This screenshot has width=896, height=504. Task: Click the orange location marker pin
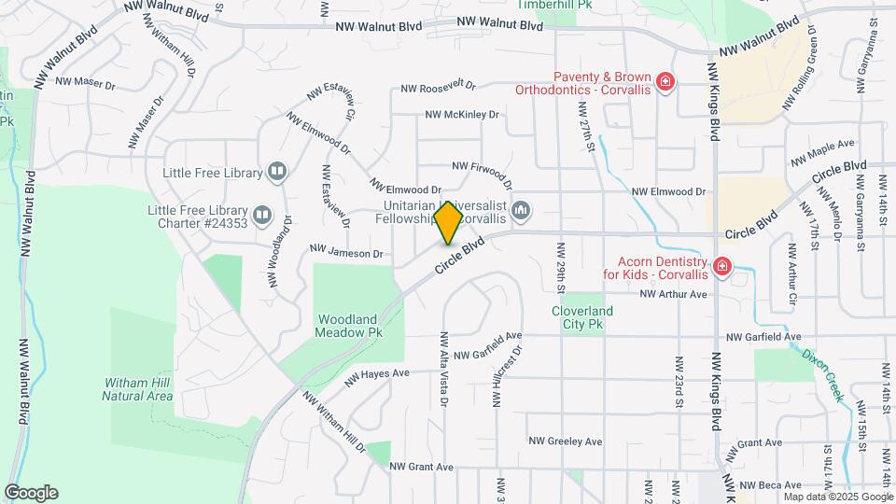click(449, 222)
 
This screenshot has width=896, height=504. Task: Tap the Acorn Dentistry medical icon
click(721, 268)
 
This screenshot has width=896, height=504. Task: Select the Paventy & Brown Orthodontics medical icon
click(665, 83)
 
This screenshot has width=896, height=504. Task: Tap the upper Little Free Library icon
click(276, 171)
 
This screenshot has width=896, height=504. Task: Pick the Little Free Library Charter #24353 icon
click(262, 217)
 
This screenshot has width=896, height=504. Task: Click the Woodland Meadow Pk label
click(348, 325)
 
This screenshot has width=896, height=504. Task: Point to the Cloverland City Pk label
click(581, 317)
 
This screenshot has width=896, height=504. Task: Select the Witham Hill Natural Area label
click(138, 389)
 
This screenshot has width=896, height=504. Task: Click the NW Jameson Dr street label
click(346, 253)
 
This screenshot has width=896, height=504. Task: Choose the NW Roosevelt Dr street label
click(438, 87)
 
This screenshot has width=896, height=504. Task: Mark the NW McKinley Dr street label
click(462, 115)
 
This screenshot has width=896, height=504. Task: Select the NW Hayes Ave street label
click(377, 377)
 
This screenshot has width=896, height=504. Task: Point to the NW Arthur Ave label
click(674, 294)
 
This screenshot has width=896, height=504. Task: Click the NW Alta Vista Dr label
click(444, 370)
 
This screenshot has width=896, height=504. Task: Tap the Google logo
click(31, 493)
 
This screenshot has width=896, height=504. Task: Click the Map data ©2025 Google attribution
click(837, 497)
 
